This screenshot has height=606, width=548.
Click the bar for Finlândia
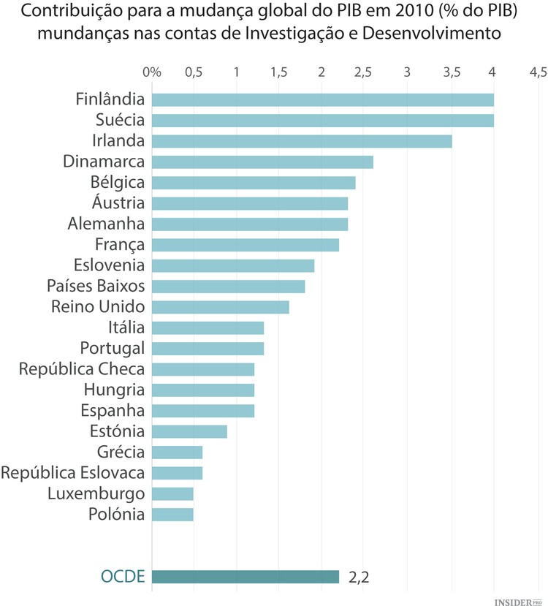pyautogui.click(x=323, y=100)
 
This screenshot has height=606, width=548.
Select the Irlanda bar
pyautogui.click(x=302, y=141)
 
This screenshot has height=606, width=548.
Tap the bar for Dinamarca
pyautogui.click(x=262, y=162)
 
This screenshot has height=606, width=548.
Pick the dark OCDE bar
pyautogui.click(x=246, y=577)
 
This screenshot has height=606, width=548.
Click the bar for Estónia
pyautogui.click(x=189, y=431)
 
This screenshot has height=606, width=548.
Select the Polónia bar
pyautogui.click(x=172, y=514)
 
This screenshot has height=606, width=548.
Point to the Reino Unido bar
pyautogui.click(x=221, y=307)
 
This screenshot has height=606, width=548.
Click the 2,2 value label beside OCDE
pyautogui.click(x=359, y=577)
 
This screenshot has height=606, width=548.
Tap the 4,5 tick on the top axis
pyautogui.click(x=538, y=72)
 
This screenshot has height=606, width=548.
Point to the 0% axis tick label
pyautogui.click(x=152, y=72)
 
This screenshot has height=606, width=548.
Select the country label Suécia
pyautogui.click(x=120, y=120)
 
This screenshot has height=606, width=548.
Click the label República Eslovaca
pyautogui.click(x=73, y=472)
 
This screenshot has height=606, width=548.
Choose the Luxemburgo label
pyautogui.click(x=96, y=493)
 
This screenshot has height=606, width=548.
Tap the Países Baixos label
pyautogui.click(x=96, y=286)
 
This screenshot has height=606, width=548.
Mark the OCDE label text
pyautogui.click(x=123, y=577)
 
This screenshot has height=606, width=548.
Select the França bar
pyautogui.click(x=246, y=245)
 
